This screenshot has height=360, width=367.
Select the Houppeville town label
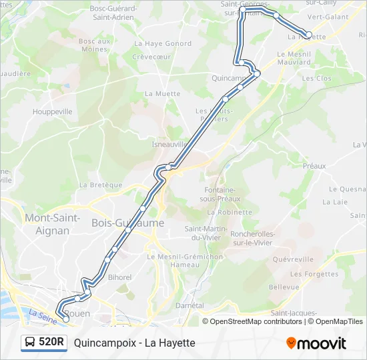pos(52,112)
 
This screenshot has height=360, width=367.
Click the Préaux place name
pos(314,166)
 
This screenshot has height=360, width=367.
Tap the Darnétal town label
pos(190,305)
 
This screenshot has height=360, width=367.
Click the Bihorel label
pos(119,276)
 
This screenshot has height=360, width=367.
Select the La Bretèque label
pos(101,185)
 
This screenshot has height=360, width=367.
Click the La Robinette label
pos(230,212)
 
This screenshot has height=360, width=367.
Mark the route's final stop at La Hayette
pos(308,35)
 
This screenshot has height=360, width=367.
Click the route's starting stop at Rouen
pos(65,319)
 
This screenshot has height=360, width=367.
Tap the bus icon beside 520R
pos(30,343)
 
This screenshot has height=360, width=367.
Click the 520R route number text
pos(51,343)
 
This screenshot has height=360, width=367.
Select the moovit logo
pos(316,343)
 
